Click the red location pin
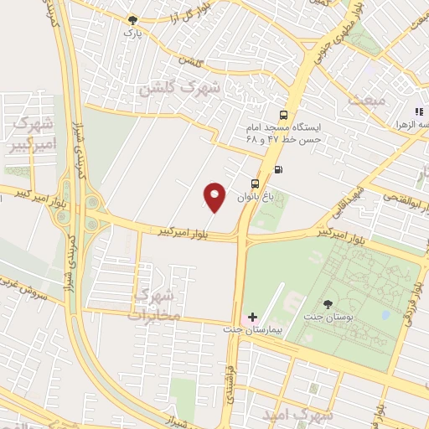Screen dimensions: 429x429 [x=215, y=197]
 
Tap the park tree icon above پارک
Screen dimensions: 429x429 [x=130, y=19]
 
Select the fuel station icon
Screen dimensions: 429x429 [x=278, y=170]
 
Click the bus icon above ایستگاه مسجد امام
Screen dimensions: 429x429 [x=284, y=115]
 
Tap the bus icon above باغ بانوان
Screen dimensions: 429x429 [x=254, y=182]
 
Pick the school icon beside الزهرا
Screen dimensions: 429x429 [x=416, y=111]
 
